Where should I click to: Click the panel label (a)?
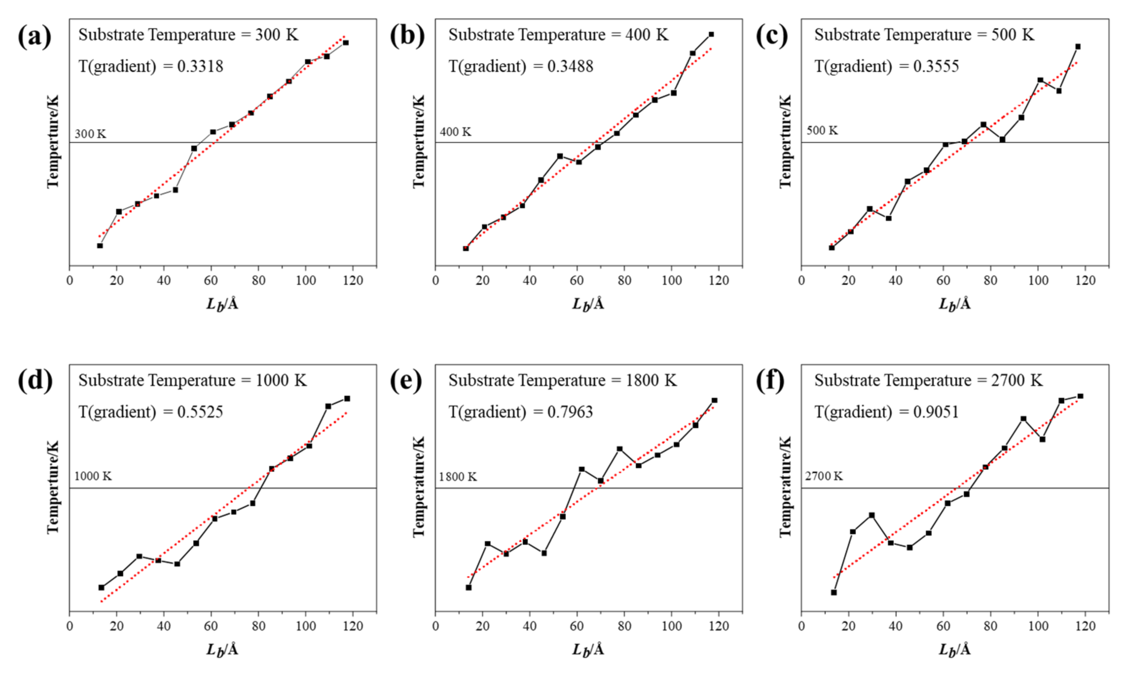pos(35,37)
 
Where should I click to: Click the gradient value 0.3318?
pos(200,67)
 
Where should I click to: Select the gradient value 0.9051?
pos(936,412)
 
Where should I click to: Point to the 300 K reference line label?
pos(90,134)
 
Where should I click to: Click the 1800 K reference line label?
pos(458,477)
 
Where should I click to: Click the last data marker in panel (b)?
pos(711,35)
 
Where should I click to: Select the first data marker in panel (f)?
pos(834,592)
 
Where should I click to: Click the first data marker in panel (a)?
pos(100,246)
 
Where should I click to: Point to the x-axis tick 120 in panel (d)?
pos(352,626)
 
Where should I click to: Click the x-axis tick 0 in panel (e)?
pos(435,626)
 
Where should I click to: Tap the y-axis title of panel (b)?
pos(419,141)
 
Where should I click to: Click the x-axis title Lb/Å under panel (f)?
pos(954,649)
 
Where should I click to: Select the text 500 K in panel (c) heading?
pos(1013,35)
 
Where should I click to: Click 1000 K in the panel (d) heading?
pos(281,380)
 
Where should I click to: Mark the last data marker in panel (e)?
pos(714,400)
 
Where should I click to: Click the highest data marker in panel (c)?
pos(1078,47)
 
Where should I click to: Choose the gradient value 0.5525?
pos(200,412)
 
